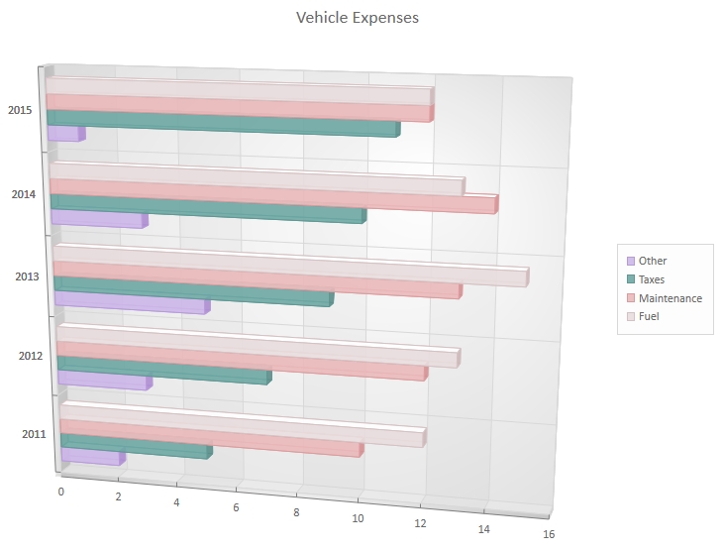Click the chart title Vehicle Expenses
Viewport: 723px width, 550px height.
[358, 18]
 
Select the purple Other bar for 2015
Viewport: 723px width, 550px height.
[63, 133]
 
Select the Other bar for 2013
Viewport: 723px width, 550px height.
[130, 301]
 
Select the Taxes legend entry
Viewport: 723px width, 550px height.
[652, 279]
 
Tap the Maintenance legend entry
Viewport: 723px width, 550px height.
[670, 298]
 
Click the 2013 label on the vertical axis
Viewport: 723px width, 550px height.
[28, 275]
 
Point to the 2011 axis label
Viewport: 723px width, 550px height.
[33, 433]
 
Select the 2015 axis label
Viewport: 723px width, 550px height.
[20, 110]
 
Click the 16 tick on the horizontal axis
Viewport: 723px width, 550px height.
[548, 534]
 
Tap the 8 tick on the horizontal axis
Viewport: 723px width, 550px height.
[296, 511]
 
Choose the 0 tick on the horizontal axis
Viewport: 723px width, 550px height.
[61, 492]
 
